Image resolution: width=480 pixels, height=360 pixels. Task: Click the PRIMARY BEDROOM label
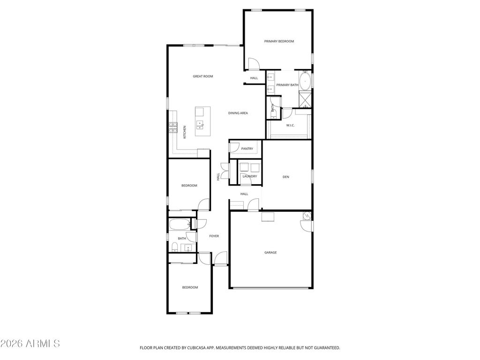279,41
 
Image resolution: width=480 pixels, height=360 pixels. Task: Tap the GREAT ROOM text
202,76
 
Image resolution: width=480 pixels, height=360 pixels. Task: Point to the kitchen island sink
200,124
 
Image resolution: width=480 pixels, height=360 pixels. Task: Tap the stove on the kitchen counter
173,127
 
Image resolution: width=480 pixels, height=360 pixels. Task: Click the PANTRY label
247,149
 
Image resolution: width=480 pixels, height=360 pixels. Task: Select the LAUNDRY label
249,176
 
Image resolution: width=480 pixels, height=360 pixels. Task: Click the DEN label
285,177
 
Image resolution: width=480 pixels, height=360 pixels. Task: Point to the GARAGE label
270,253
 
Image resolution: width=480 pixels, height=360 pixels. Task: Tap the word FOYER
214,236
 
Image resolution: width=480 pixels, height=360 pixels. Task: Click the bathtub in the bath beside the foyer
180,225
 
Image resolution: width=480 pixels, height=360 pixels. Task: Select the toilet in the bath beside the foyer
174,247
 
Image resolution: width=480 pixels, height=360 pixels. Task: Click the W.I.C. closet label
290,125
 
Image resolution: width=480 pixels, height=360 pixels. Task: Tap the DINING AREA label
238,113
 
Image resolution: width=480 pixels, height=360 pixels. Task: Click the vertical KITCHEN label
185,132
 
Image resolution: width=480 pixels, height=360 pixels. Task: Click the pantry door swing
233,147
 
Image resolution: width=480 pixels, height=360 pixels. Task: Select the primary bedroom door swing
254,63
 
